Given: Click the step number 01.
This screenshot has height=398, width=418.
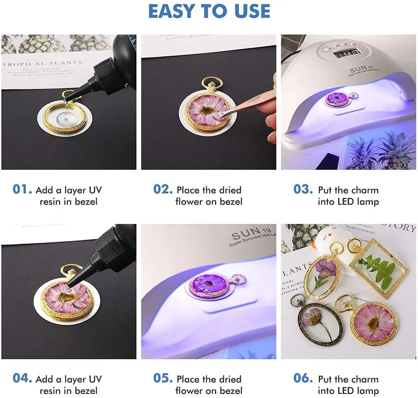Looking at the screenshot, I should click(22, 190).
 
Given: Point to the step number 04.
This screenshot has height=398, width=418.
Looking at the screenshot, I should click(22, 379).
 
